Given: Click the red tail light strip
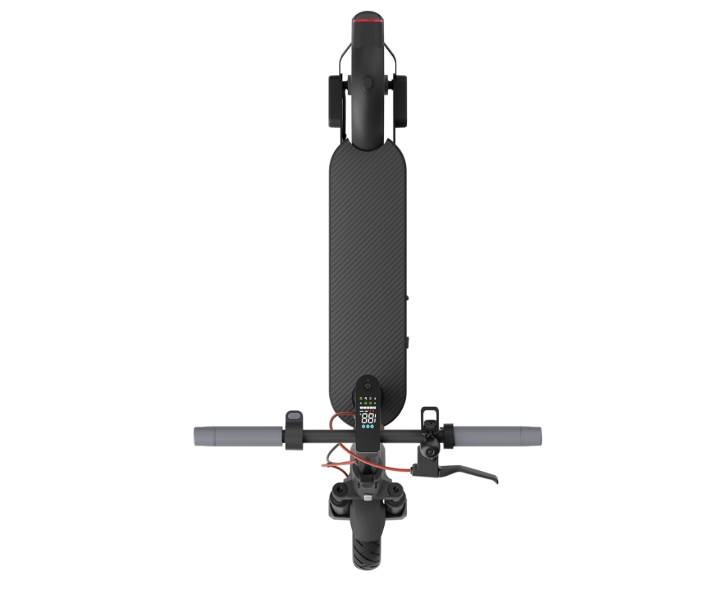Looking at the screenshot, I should click(x=367, y=22).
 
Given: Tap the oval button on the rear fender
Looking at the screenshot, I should click(x=367, y=82).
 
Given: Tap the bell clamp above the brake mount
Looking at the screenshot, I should click(x=430, y=417).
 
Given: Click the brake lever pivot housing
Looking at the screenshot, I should click(x=431, y=455).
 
